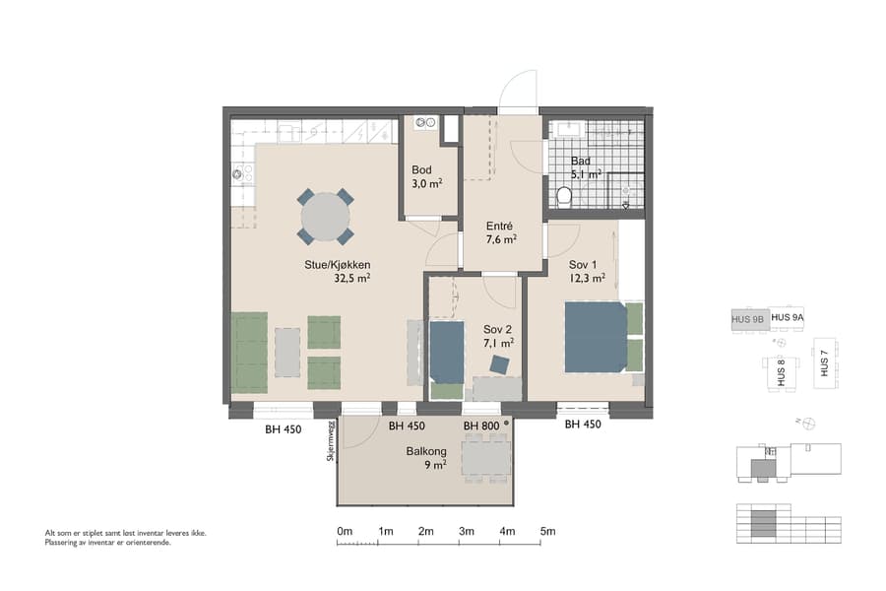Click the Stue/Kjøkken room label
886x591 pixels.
click(x=337, y=264)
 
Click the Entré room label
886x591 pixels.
click(x=501, y=225)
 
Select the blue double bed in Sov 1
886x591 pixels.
click(x=595, y=337)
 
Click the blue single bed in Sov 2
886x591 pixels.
click(x=446, y=352)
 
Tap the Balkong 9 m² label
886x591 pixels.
click(x=426, y=452)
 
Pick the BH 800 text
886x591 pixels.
click(x=481, y=426)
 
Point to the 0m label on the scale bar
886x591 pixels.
click(x=345, y=532)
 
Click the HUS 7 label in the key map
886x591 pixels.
click(x=824, y=363)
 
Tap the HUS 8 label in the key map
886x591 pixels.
click(x=780, y=370)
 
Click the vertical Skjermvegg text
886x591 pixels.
click(x=331, y=440)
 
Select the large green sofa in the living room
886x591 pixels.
click(x=249, y=352)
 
